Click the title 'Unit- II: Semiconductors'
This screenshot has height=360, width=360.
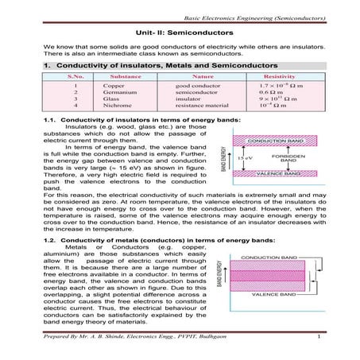180,33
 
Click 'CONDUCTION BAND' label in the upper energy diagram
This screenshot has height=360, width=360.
282,140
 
